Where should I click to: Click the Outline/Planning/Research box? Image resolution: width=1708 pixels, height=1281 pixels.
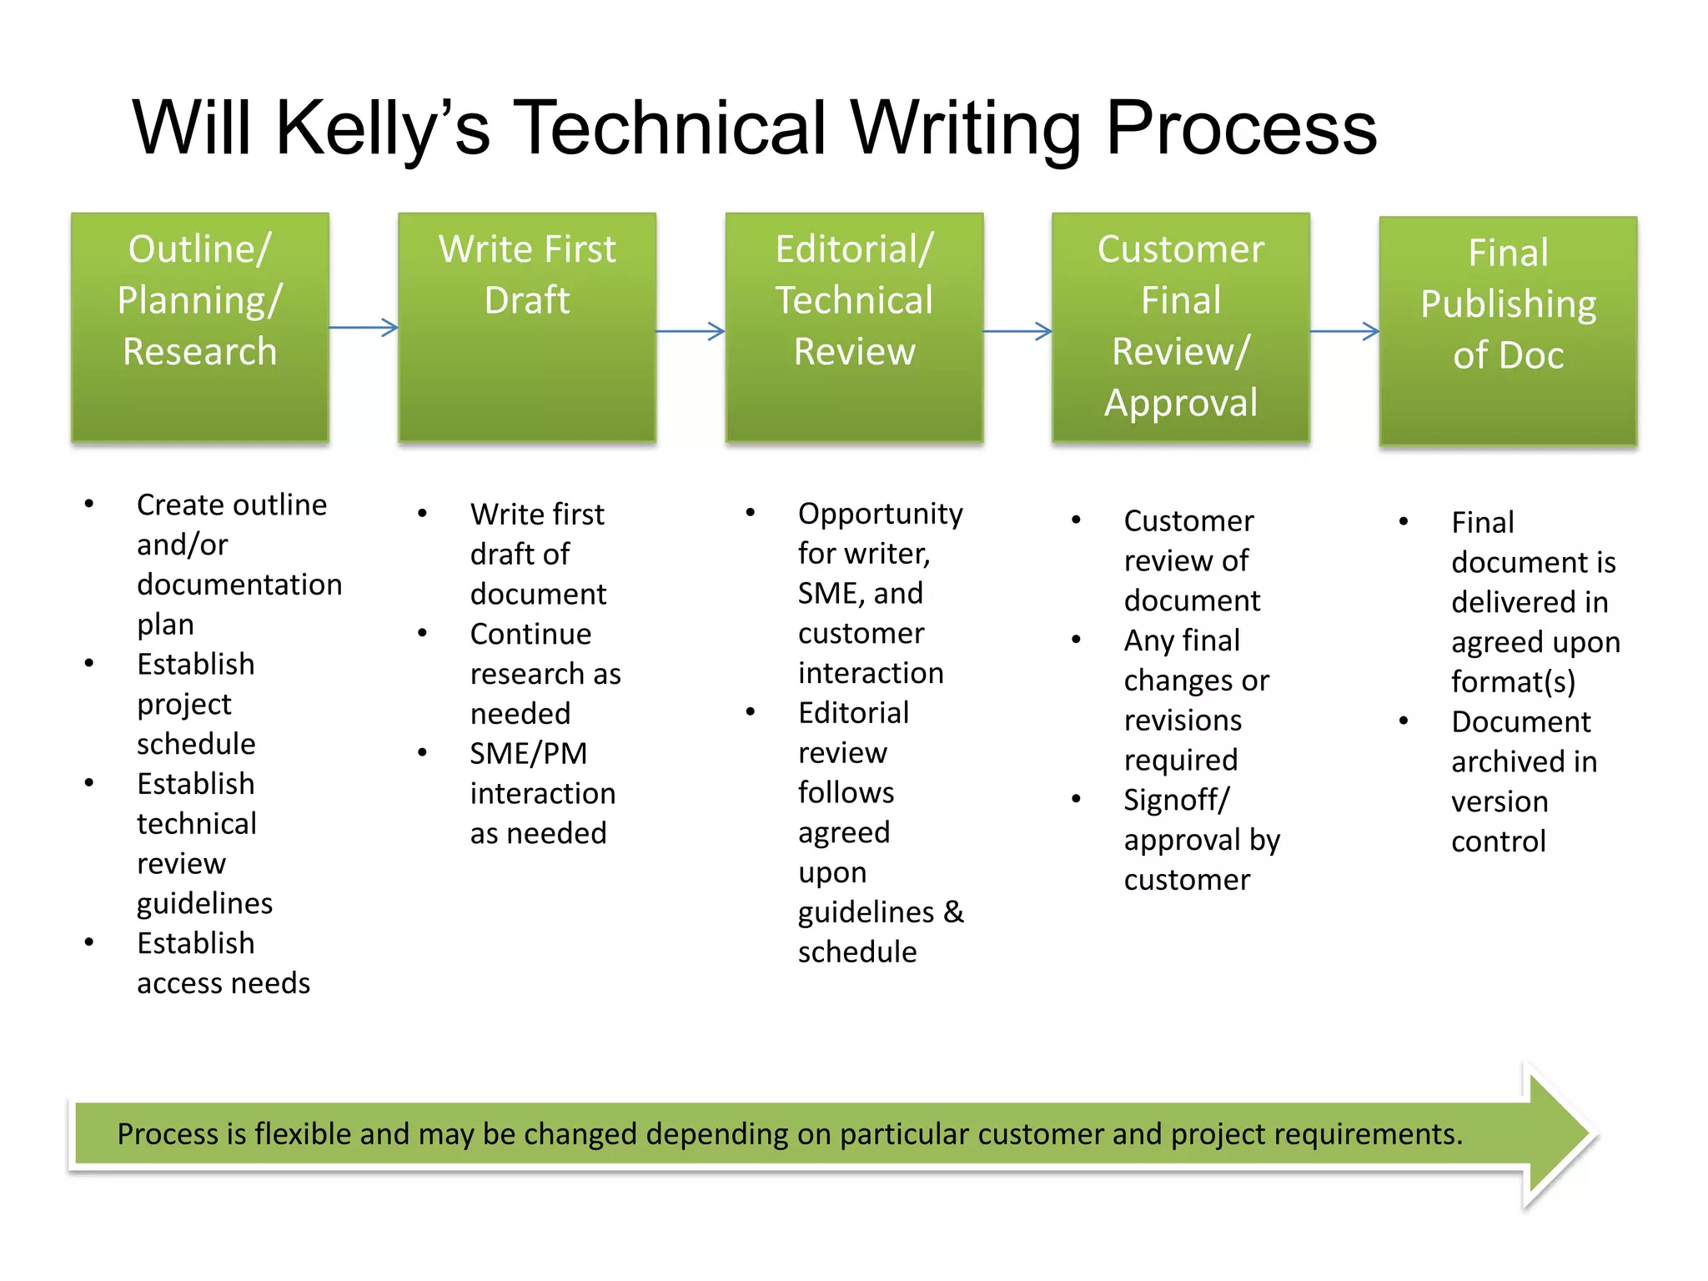[x=200, y=327]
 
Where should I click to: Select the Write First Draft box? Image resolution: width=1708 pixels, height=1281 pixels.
[x=527, y=327]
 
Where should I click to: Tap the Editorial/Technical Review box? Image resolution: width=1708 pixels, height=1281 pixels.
[x=854, y=327]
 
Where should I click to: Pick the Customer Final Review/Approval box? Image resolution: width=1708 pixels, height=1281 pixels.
[x=1181, y=327]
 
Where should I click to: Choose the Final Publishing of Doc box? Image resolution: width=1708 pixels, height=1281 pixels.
[x=1508, y=331]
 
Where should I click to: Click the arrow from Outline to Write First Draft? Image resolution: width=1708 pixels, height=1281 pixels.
[x=364, y=327]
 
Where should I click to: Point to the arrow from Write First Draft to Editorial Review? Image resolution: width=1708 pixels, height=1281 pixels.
[x=691, y=331]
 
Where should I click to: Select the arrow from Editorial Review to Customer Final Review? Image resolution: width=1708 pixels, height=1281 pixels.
[x=1017, y=331]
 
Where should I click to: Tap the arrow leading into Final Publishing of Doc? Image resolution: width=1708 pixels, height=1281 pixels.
[x=1344, y=331]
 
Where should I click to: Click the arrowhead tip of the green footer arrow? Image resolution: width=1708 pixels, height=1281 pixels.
[x=1589, y=1134]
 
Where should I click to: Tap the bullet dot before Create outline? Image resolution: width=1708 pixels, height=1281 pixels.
[x=89, y=503]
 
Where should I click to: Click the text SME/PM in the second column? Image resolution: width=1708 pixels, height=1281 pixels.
[x=529, y=753]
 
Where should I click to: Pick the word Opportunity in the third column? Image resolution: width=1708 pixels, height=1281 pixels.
[x=880, y=514]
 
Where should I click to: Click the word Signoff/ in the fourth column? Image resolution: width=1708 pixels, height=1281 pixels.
[x=1176, y=800]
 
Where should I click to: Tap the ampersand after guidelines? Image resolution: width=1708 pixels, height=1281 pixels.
[x=953, y=912]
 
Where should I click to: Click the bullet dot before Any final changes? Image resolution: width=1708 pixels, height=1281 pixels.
[x=1077, y=640]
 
